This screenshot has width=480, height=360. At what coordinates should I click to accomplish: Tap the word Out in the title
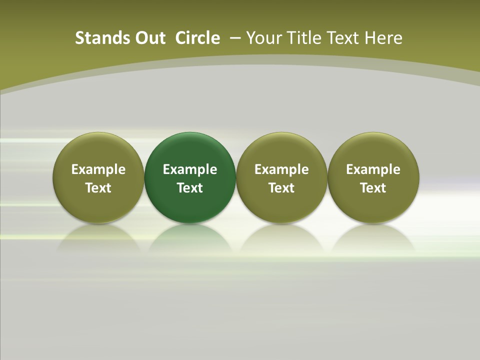point(149,38)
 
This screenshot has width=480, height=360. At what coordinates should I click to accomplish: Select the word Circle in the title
point(197,38)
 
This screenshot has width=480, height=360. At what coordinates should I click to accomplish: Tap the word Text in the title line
point(343,38)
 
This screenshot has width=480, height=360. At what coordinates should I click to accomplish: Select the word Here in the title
point(383,38)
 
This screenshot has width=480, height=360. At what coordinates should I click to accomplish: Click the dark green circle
point(190,150)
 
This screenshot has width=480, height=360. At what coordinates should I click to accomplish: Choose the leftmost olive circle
point(98,150)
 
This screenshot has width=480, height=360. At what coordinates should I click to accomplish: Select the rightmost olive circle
point(373,150)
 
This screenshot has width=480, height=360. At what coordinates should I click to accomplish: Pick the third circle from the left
point(281,150)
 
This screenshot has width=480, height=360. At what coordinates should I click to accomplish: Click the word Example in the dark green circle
point(190,169)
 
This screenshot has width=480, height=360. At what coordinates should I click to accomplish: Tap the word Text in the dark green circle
point(190,188)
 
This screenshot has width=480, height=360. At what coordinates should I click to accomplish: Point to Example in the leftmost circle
point(98,169)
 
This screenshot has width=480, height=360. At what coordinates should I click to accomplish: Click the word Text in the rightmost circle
point(373,188)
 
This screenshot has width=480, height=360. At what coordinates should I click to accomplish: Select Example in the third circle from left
point(281,169)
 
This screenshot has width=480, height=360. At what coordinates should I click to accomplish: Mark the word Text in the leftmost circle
point(98,188)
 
